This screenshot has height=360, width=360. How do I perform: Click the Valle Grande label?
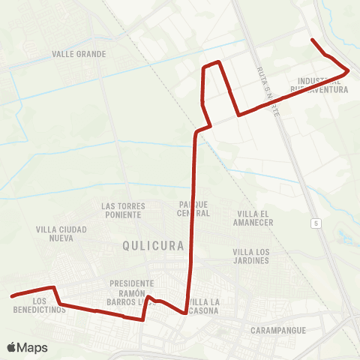pyautogui.click(x=79, y=54)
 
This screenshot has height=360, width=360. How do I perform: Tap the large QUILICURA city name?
pyautogui.click(x=152, y=245)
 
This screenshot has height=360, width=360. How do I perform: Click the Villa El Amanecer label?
pyautogui.click(x=254, y=217)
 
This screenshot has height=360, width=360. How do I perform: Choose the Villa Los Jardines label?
pyautogui.click(x=250, y=256)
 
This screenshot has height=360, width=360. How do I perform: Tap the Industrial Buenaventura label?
pyautogui.click(x=323, y=85)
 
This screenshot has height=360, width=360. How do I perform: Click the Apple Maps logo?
pyautogui.click(x=27, y=347)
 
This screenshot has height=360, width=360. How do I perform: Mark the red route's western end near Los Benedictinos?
pyautogui.click(x=13, y=296)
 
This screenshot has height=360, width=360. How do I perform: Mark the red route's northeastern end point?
pyautogui.click(x=312, y=38)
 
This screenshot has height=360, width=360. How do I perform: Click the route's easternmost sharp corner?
pyautogui.click(x=349, y=70)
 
